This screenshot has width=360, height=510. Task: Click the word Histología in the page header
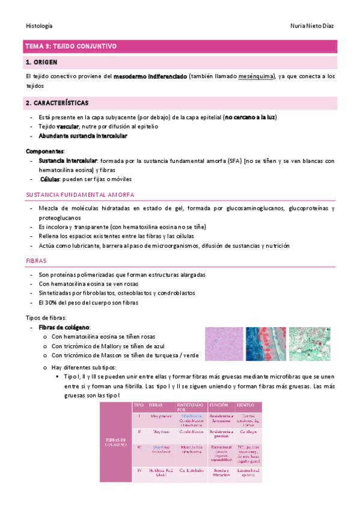click(x=39, y=26)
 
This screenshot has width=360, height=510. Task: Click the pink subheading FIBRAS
click(x=35, y=261)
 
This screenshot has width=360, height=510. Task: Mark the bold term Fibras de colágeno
click(x=63, y=327)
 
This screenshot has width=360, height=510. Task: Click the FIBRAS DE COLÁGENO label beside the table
click(x=116, y=442)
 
